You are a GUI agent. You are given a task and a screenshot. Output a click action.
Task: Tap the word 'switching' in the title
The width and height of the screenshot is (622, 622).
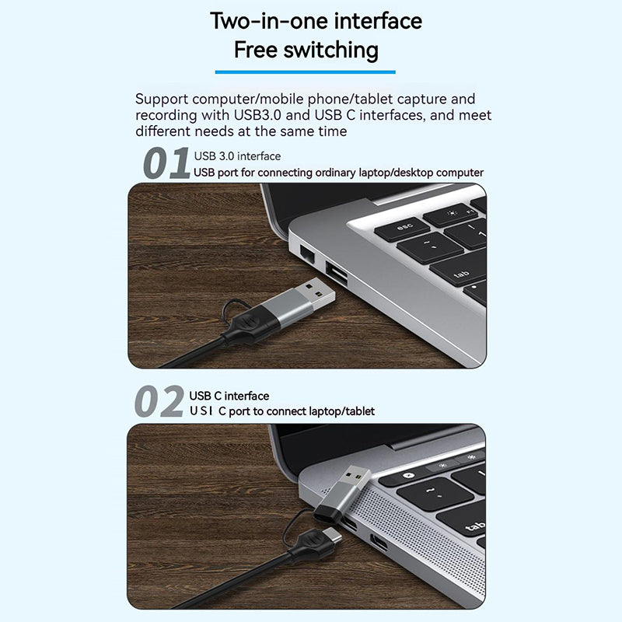tap(331, 51)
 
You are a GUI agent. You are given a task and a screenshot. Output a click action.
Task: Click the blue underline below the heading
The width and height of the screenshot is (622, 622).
tap(305, 72)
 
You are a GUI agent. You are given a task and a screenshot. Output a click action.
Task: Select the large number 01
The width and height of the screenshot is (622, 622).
tap(166, 163)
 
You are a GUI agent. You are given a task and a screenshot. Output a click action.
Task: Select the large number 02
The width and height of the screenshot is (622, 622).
tap(159, 401)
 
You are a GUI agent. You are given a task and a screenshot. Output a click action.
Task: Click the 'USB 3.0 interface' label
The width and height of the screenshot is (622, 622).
tap(237, 156)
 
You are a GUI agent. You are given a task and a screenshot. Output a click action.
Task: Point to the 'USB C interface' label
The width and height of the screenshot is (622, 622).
tap(229, 396)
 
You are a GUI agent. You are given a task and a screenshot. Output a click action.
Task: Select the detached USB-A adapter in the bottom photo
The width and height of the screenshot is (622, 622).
tap(342, 494)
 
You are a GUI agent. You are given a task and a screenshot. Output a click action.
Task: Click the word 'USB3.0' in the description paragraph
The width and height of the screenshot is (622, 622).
tap(257, 115)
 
